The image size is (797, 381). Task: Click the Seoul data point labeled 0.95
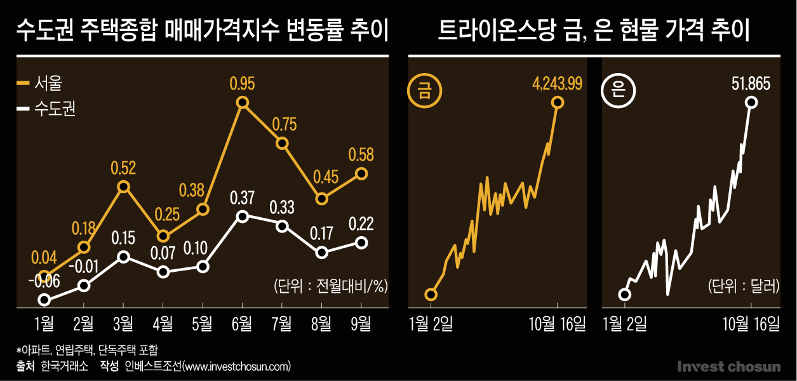click(x=242, y=102)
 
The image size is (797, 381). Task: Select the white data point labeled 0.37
click(x=242, y=217)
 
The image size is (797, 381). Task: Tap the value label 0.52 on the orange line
click(x=123, y=168)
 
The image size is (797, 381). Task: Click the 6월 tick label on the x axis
click(x=242, y=324)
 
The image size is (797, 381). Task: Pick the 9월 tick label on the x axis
click(x=361, y=324)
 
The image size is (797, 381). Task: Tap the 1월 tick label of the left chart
click(x=44, y=324)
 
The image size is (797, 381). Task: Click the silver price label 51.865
click(x=751, y=83)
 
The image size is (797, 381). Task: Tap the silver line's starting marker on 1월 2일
click(x=625, y=294)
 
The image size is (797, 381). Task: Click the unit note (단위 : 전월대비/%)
click(x=330, y=286)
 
